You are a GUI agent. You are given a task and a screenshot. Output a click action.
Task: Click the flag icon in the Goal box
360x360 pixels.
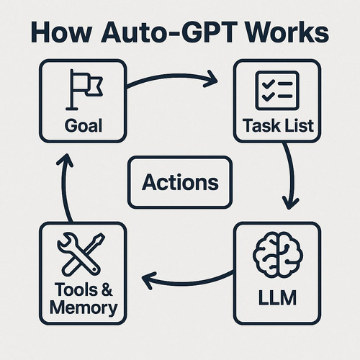point(84,89)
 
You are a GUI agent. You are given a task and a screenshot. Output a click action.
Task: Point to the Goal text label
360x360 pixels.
point(84,125)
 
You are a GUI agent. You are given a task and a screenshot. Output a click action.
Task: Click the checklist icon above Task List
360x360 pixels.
point(277,91)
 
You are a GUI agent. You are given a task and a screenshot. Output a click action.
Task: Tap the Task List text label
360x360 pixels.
point(278,125)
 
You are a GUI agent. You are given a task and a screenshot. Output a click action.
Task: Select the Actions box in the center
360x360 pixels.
point(180,182)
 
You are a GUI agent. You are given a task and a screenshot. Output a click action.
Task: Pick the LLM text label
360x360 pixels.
point(277,297)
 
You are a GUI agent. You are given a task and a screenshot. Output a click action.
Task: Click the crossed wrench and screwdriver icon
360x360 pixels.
point(81,253)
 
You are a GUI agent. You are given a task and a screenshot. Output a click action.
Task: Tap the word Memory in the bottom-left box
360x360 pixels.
point(84,307)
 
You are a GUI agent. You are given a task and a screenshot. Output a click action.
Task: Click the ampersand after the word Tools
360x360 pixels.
point(107,289)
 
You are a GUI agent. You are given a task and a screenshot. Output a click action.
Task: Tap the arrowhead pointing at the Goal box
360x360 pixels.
point(65,160)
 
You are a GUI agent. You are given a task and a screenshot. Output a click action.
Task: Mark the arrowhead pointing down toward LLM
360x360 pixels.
point(290,204)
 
